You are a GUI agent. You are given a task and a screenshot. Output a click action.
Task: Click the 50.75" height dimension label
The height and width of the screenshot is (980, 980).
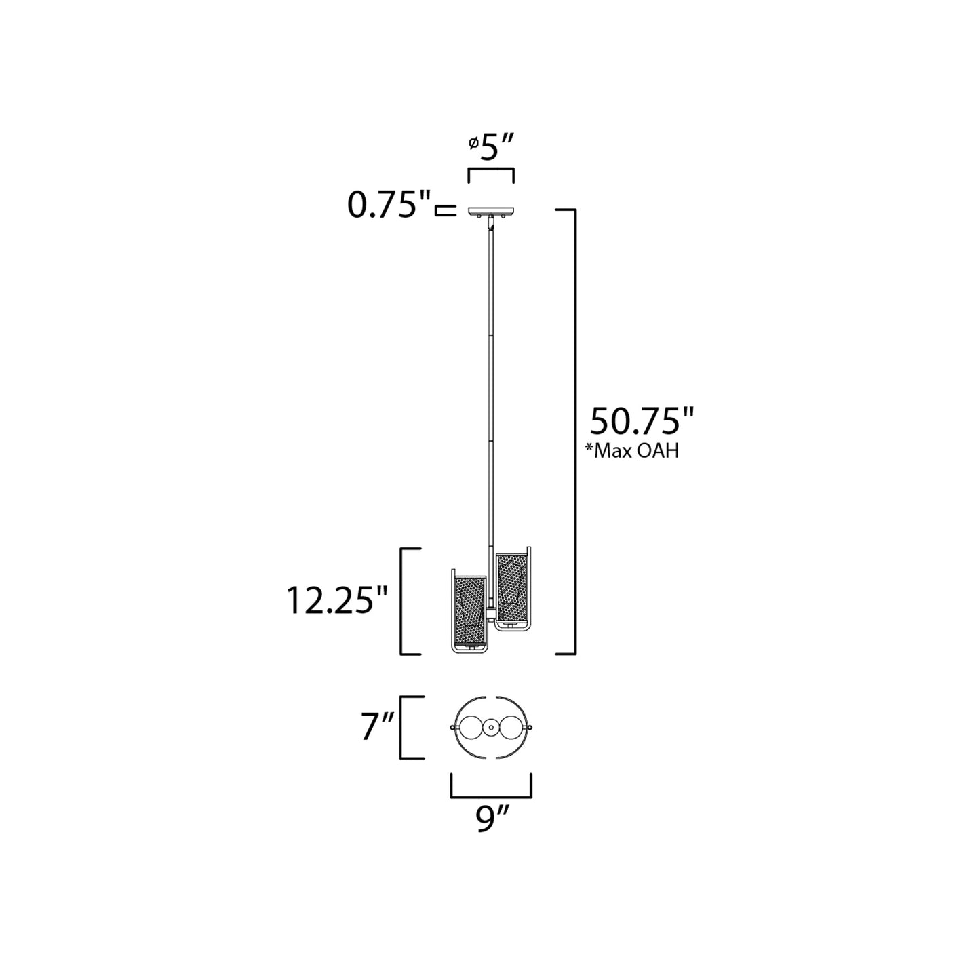pos(642,421)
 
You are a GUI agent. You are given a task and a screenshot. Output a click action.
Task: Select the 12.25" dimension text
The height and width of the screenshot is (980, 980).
pos(336,600)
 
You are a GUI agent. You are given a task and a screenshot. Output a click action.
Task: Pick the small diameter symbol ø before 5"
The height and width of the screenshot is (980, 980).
pos(473,143)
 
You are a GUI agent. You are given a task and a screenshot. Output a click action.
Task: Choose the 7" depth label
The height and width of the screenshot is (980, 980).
pos(378,728)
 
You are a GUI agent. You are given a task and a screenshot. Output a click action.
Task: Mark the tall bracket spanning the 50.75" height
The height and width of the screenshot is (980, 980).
pos(574,432)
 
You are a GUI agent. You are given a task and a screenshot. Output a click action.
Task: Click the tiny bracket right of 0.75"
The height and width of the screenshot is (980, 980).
pos(444,211)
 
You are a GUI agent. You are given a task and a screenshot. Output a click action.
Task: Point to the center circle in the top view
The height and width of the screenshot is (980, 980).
pos(490,727)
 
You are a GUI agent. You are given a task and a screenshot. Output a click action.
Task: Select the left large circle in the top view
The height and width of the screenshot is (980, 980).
pos(468,727)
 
